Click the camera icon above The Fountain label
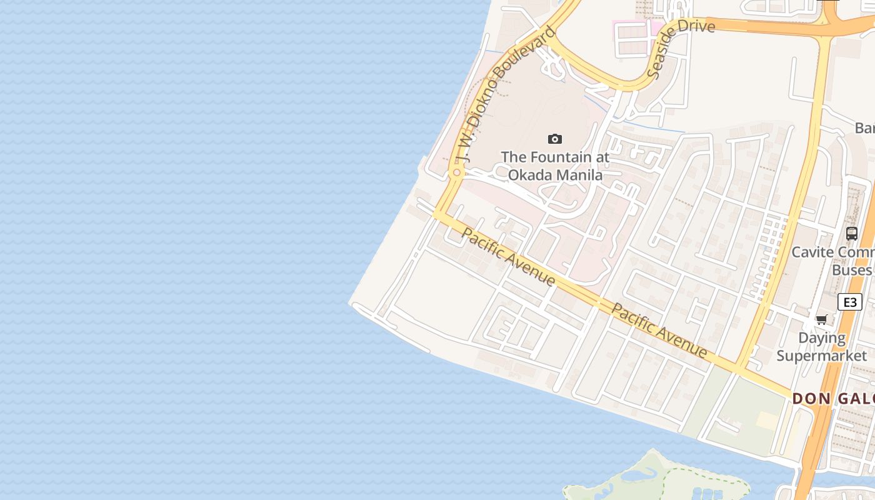click(x=554, y=139)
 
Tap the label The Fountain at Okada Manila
click(x=554, y=166)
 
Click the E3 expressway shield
click(x=849, y=302)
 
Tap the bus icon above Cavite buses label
click(x=851, y=234)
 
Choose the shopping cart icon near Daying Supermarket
click(x=822, y=320)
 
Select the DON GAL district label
click(x=833, y=399)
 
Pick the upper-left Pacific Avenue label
click(x=508, y=257)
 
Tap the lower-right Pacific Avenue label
click(x=659, y=331)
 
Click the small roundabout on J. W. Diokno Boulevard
click(x=457, y=172)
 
